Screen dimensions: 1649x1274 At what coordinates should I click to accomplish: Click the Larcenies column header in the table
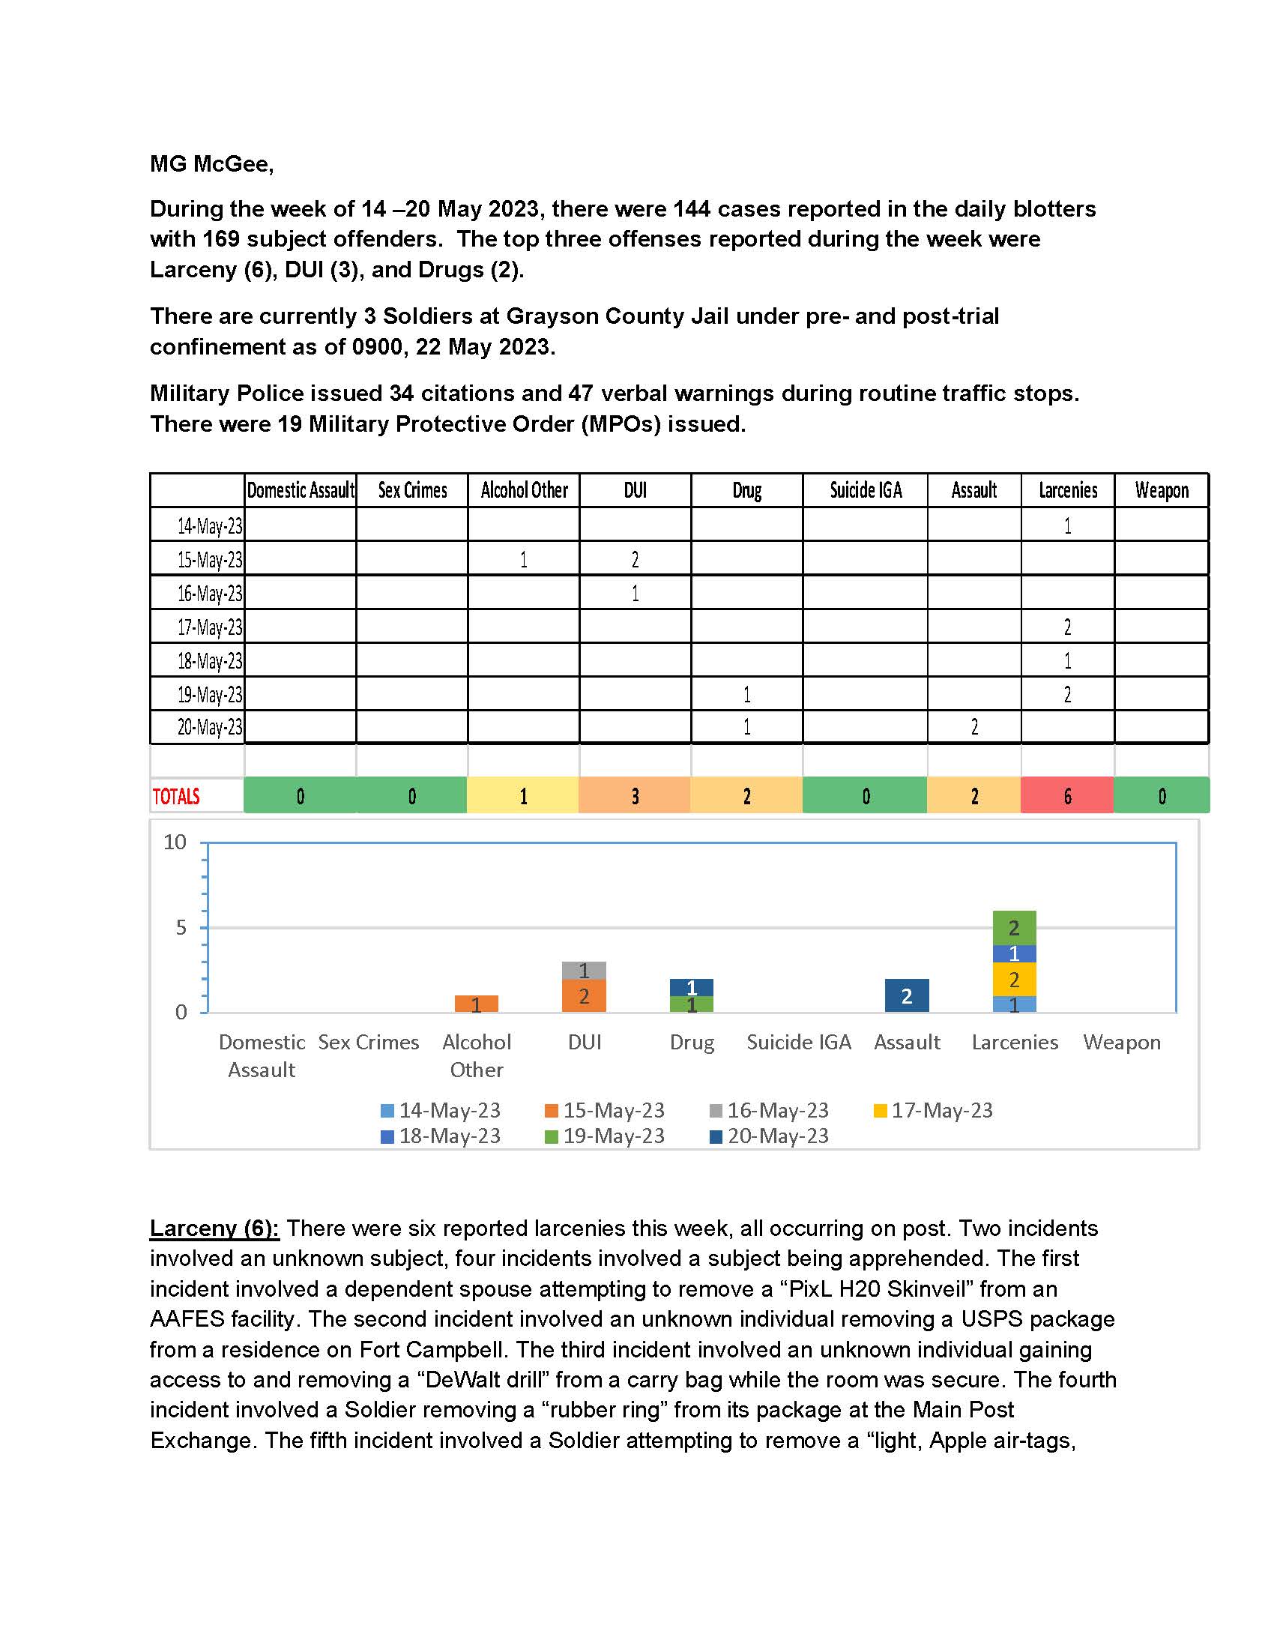click(x=1067, y=491)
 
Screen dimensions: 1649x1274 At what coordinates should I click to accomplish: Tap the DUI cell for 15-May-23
click(x=635, y=559)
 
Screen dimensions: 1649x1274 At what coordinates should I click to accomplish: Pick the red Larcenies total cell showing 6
click(x=1067, y=796)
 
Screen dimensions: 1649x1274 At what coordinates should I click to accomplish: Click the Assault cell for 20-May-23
click(x=973, y=728)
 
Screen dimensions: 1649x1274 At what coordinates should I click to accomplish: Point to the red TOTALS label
click(x=177, y=797)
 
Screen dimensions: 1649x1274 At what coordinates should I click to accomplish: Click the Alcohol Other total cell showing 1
click(x=523, y=796)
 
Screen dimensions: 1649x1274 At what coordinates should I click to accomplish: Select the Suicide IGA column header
click(x=866, y=491)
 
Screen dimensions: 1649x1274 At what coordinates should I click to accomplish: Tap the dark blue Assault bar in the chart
click(x=907, y=995)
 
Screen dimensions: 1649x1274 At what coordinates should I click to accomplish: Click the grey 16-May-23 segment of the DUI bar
click(x=583, y=970)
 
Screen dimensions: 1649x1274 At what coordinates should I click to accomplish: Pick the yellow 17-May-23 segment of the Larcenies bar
click(x=1015, y=980)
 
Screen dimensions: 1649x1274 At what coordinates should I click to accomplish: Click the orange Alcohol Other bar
click(x=476, y=1004)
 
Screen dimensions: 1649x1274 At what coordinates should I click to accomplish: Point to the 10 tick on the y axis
click(x=175, y=842)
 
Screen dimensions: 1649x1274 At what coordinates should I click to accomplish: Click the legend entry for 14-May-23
click(x=441, y=1110)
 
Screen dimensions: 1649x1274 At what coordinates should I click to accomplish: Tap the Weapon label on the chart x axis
click(x=1122, y=1042)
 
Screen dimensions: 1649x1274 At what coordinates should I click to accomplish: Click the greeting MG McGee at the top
click(x=211, y=164)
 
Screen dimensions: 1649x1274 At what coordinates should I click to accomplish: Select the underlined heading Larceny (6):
click(x=214, y=1229)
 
